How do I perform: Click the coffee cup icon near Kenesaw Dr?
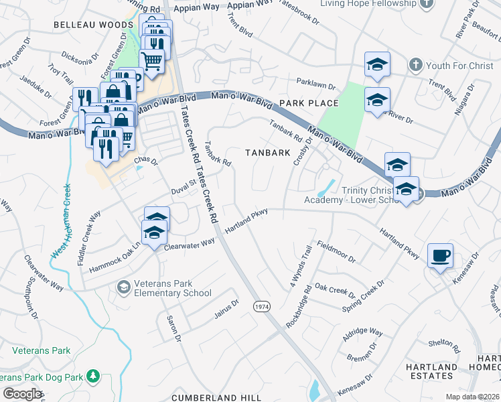440,256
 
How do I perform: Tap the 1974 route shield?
261,306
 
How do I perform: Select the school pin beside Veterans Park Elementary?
123,287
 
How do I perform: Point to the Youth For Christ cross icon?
415,66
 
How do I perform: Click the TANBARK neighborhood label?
267,153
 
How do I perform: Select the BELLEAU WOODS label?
94,25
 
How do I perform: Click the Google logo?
22,394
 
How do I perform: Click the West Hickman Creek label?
60,221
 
